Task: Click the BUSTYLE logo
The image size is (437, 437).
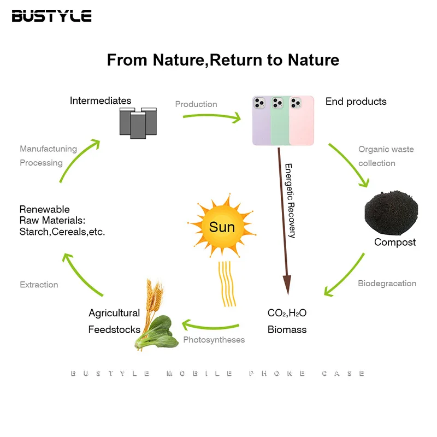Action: click(51, 15)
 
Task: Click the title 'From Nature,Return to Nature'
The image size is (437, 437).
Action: click(223, 60)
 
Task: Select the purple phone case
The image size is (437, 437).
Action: click(261, 120)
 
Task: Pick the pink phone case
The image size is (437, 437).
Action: click(303, 120)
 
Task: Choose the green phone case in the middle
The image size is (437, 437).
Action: click(281, 120)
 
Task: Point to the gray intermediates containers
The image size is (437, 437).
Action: click(138, 121)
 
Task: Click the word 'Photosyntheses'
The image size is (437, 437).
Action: click(214, 340)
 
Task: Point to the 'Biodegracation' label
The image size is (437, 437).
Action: click(387, 284)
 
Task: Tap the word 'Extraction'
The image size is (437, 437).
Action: click(39, 285)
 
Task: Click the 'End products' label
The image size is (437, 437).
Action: click(356, 102)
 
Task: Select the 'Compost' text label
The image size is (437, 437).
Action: click(394, 242)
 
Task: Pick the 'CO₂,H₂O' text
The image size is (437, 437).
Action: click(287, 313)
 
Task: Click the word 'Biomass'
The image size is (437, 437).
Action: click(287, 329)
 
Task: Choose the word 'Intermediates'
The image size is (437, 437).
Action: click(101, 101)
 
